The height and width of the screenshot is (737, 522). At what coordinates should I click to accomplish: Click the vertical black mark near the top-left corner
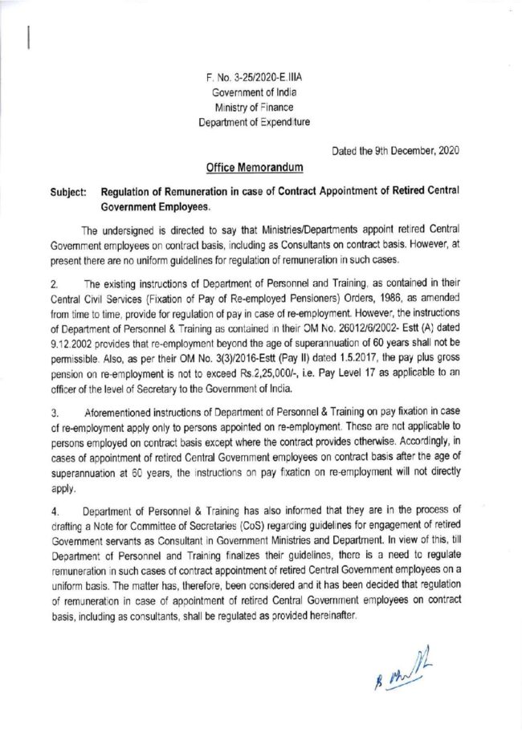coord(30,39)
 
